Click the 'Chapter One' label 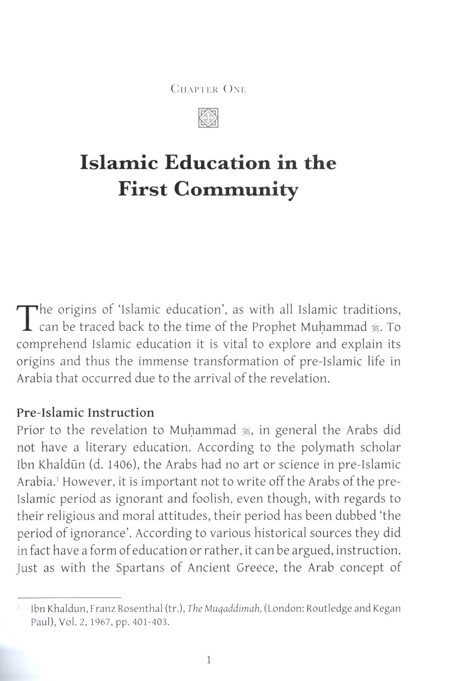click(x=208, y=89)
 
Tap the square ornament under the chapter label click(x=208, y=118)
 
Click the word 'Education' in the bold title click(x=218, y=163)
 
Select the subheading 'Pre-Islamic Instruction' click(x=85, y=413)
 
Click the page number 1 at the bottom click(x=209, y=660)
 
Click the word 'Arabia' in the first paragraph click(x=34, y=378)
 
